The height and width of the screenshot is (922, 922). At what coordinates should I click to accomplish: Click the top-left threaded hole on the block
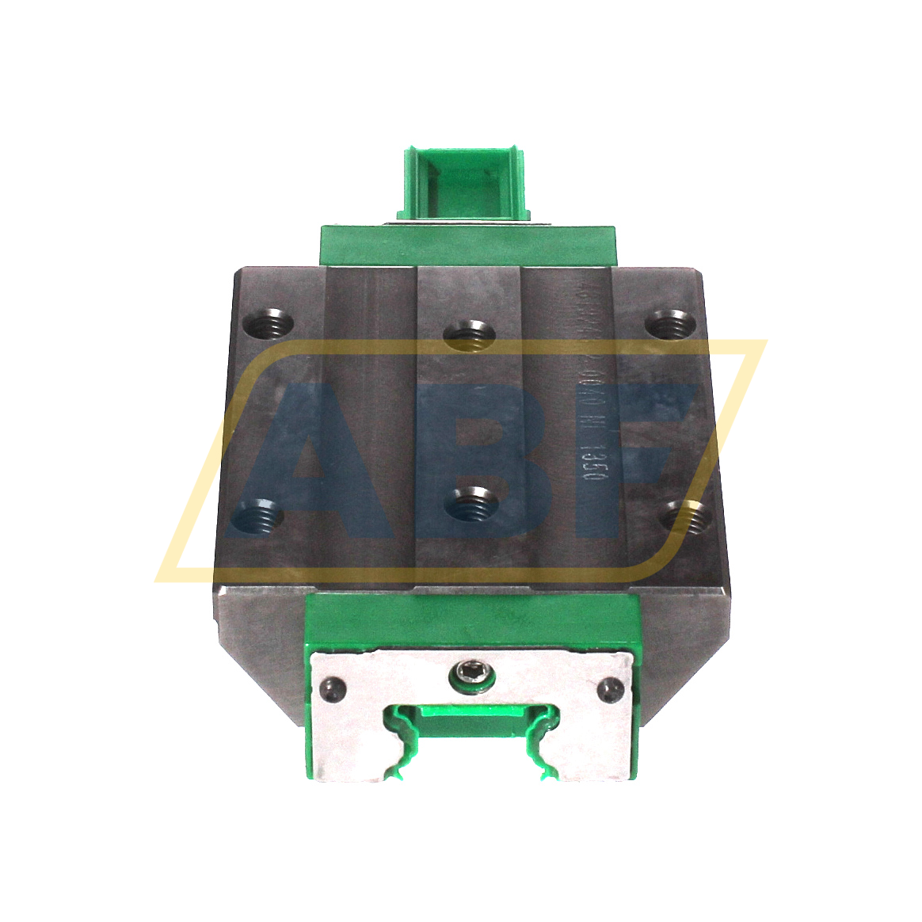pyautogui.click(x=267, y=323)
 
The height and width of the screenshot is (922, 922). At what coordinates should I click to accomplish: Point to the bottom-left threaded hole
pyautogui.click(x=257, y=518)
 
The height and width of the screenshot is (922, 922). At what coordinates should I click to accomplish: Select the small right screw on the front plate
pyautogui.click(x=611, y=688)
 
